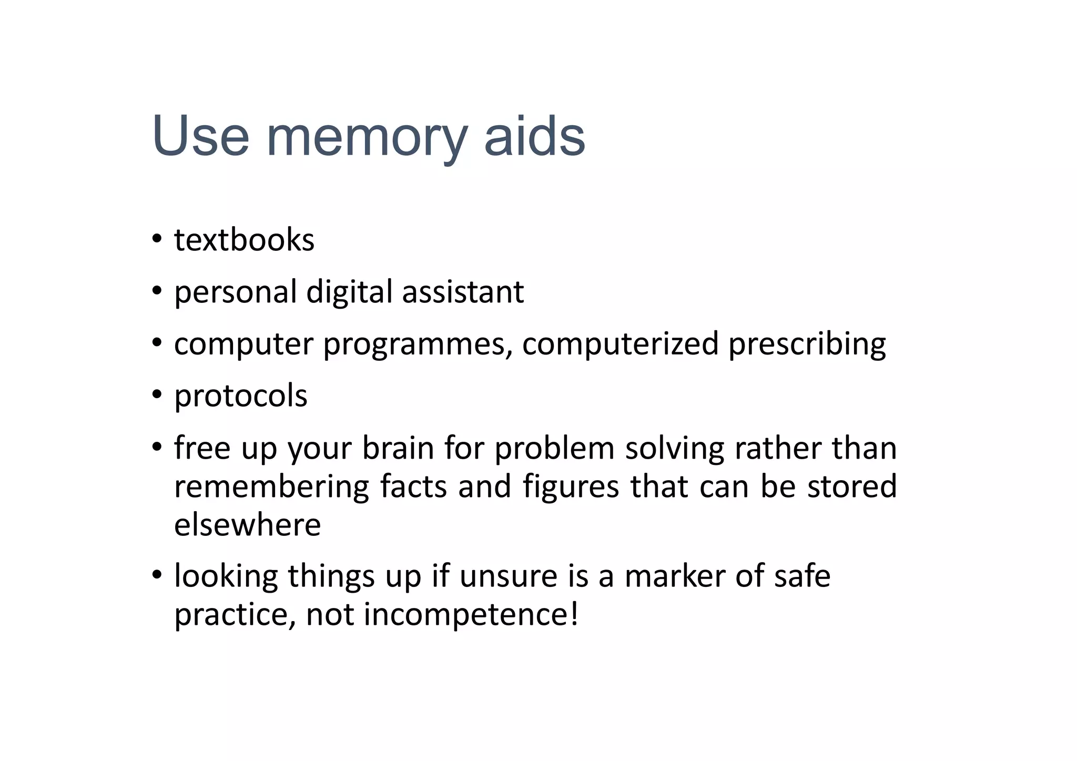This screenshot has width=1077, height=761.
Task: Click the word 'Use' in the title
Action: (200, 136)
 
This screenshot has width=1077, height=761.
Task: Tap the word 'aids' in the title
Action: (534, 136)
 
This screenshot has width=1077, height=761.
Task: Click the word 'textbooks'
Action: (244, 240)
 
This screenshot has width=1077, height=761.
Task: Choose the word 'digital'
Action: (349, 293)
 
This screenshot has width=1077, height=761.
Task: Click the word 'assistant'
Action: (463, 292)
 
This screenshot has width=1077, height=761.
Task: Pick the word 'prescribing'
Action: (807, 345)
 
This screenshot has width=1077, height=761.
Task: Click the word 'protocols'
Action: (240, 397)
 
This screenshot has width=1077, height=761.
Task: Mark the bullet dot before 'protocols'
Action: (157, 394)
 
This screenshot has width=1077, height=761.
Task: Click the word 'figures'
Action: (571, 488)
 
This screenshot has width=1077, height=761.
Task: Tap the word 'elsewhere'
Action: (247, 525)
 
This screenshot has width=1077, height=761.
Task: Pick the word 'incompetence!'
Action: (471, 615)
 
